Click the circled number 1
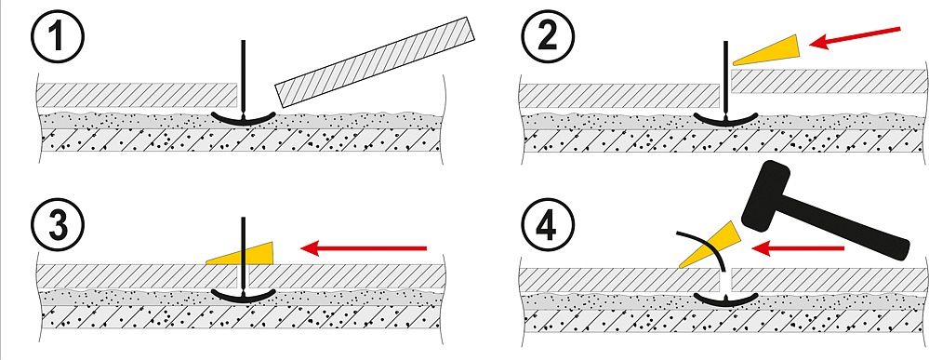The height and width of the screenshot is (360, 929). (x=57, y=37)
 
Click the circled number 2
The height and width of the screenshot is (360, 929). (x=548, y=37)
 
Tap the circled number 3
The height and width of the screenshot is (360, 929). (x=57, y=225)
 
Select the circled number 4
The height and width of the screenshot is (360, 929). (x=548, y=225)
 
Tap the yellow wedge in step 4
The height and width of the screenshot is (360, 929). (x=710, y=245)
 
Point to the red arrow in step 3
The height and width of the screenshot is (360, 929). (x=364, y=248)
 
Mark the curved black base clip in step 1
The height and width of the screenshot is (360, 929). (x=244, y=118)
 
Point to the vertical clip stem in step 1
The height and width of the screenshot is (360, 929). (x=243, y=76)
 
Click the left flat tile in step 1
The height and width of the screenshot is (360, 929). (x=138, y=95)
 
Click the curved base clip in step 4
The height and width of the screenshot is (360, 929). (x=726, y=299)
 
